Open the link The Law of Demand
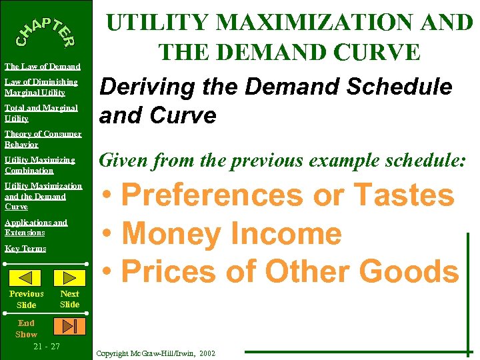(42, 67)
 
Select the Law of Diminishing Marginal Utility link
(41, 87)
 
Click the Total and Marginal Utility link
(41, 113)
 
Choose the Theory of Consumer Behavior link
(43, 139)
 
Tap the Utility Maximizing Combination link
(39, 165)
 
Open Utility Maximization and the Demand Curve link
(43, 196)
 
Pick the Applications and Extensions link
(36, 227)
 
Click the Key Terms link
(25, 249)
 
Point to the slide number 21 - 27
(46, 347)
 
